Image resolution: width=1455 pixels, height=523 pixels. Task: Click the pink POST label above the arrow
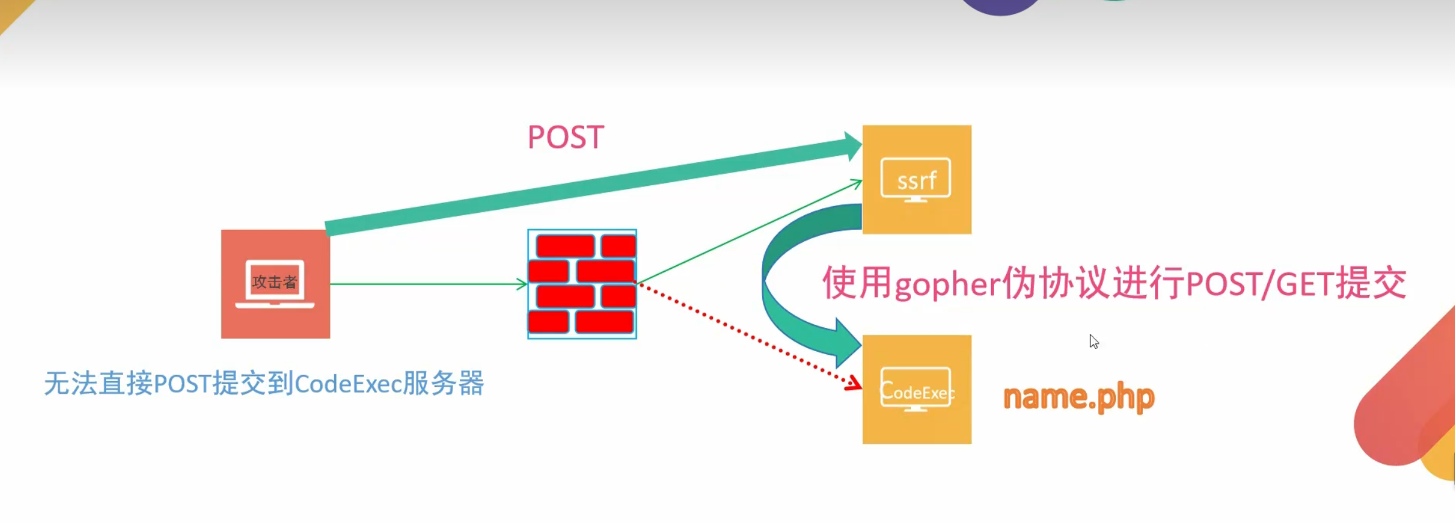[565, 137]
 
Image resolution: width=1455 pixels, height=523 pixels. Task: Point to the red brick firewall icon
[582, 284]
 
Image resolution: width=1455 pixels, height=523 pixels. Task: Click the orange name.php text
[1079, 397]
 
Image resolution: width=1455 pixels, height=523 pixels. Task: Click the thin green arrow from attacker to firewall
[427, 283]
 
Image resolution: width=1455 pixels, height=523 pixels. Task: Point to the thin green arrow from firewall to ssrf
[750, 232]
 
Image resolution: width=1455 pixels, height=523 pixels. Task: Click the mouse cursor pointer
[1093, 341]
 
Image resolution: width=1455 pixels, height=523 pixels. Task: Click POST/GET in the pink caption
[1260, 284]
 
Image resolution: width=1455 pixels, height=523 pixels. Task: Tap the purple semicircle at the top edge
[1000, 6]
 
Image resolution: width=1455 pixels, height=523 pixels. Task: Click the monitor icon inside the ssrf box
[915, 179]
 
